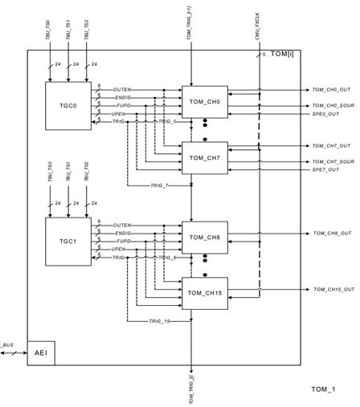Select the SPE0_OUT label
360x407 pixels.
[x=325, y=113]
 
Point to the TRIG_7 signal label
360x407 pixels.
[x=159, y=185]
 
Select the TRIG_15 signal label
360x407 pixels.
[x=159, y=321]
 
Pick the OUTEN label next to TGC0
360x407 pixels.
[x=122, y=89]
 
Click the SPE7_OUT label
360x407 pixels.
[x=325, y=169]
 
